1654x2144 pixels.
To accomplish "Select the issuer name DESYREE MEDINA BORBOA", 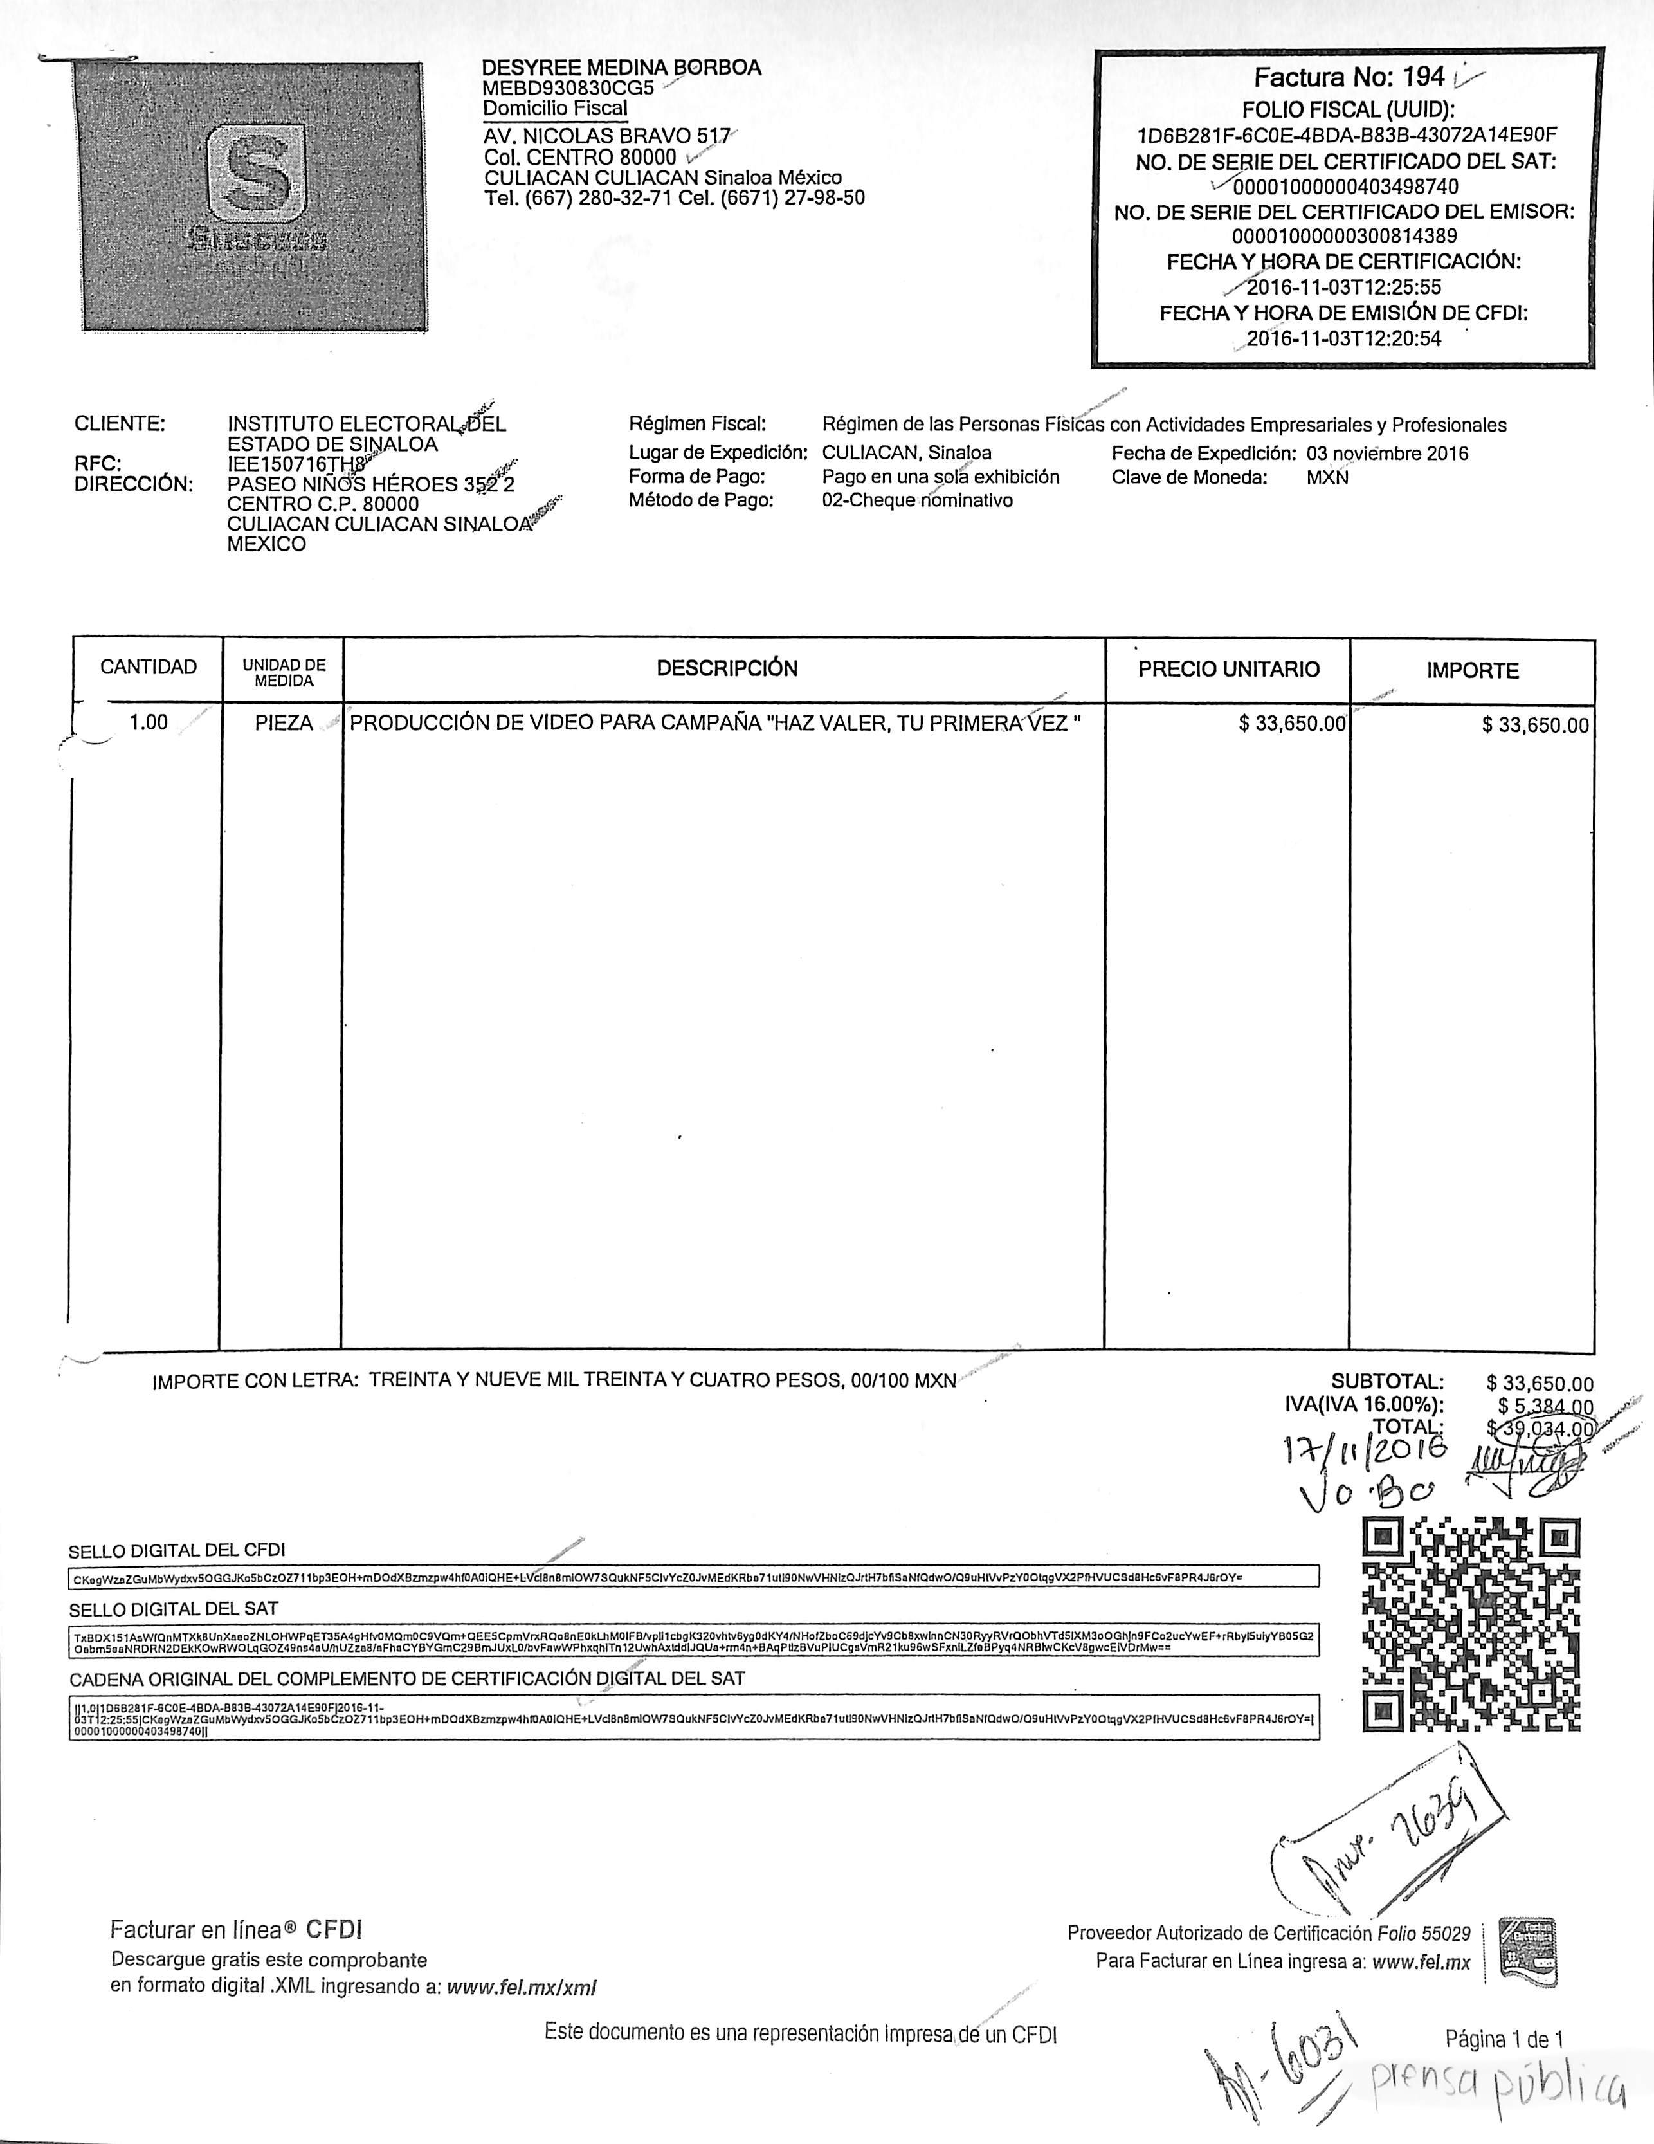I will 621,68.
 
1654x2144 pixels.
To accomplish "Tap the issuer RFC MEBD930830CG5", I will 568,87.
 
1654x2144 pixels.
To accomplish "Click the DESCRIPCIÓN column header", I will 727,668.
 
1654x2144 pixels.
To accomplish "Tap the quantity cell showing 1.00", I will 149,722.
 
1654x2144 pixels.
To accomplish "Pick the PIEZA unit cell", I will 284,724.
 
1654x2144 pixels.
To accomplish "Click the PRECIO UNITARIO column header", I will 1228,670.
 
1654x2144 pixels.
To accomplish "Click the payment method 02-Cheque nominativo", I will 917,500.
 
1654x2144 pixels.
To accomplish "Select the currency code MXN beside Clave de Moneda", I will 1327,478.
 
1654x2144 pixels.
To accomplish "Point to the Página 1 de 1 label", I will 1504,2039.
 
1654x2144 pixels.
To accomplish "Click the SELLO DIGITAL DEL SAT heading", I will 174,1609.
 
